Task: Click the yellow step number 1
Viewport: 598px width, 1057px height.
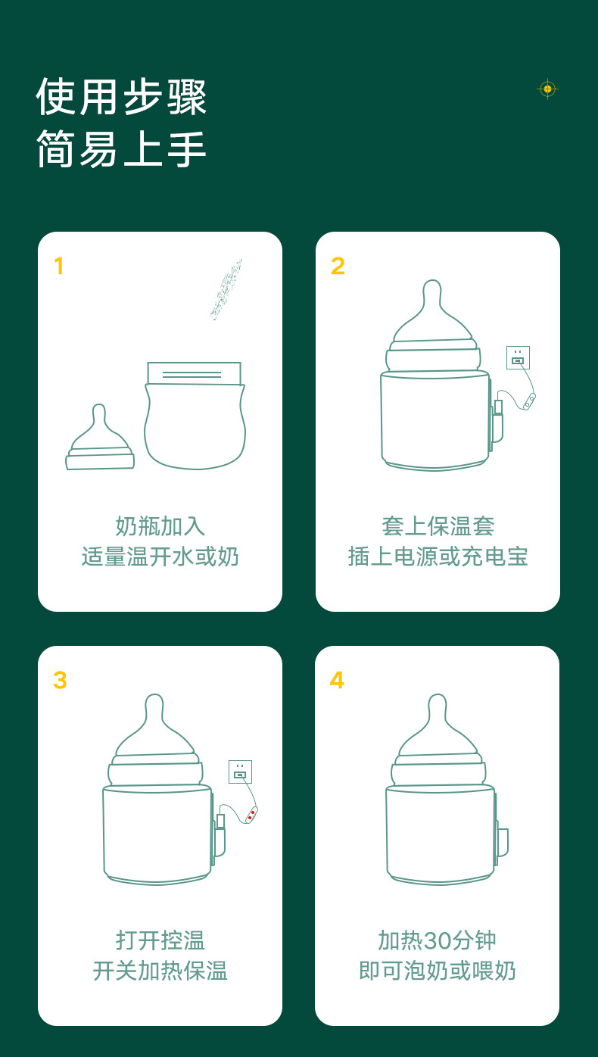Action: pyautogui.click(x=58, y=266)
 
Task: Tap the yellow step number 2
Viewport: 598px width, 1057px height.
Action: pyautogui.click(x=338, y=266)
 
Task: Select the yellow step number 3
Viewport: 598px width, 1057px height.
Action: pyautogui.click(x=60, y=680)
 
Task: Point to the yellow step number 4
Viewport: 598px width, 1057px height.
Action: pyautogui.click(x=337, y=680)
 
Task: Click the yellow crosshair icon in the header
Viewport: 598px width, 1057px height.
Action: pyautogui.click(x=547, y=89)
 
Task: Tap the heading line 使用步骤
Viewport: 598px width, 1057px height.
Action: pyautogui.click(x=122, y=97)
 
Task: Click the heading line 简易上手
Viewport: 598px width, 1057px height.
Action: pyautogui.click(x=122, y=148)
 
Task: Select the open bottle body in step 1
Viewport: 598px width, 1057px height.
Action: pyautogui.click(x=195, y=416)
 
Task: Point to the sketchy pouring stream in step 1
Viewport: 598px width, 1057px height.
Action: pyautogui.click(x=226, y=288)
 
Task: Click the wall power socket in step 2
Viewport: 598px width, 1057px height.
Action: pyautogui.click(x=518, y=357)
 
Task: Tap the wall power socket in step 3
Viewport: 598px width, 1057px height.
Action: pyautogui.click(x=240, y=772)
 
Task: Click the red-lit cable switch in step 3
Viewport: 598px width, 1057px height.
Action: pyautogui.click(x=251, y=815)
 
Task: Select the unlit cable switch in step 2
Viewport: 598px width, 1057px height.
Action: pyautogui.click(x=529, y=401)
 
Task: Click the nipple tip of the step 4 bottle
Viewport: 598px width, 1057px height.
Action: pyautogui.click(x=438, y=701)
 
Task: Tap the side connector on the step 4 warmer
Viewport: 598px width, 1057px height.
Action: pyautogui.click(x=503, y=842)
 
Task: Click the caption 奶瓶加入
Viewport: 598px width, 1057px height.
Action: pyautogui.click(x=160, y=526)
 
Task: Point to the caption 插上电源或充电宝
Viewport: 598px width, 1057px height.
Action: pyautogui.click(x=438, y=557)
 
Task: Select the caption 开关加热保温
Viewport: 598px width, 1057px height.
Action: pyautogui.click(x=160, y=971)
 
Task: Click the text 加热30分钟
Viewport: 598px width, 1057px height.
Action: pyautogui.click(x=438, y=940)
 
